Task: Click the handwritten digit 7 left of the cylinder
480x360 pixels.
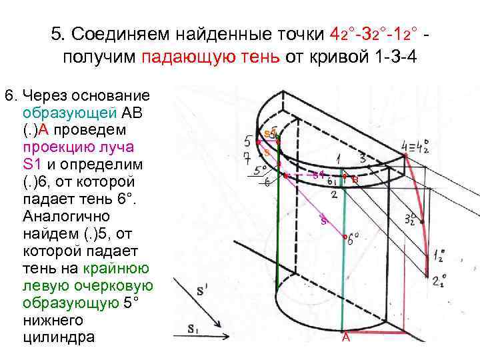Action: (247, 157)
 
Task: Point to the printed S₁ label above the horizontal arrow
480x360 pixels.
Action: (193, 328)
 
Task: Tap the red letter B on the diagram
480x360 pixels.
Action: (355, 179)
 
